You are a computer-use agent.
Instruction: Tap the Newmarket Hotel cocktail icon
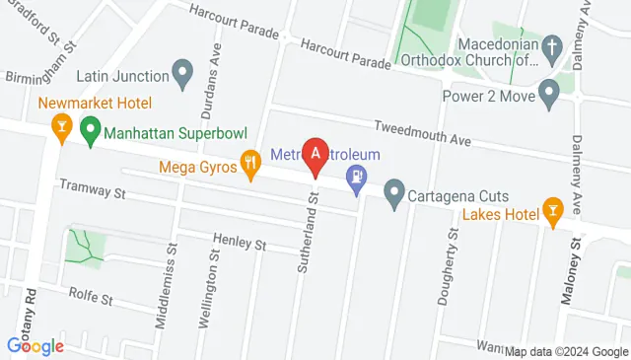tap(61, 128)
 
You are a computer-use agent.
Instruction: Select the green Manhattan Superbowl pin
tap(90, 128)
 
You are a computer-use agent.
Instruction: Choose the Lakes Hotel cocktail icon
tap(552, 210)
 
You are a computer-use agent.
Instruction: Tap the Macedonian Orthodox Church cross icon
tap(552, 46)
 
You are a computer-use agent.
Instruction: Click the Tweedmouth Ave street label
tap(422, 132)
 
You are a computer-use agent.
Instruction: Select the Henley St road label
tap(241, 242)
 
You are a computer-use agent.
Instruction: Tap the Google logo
tap(35, 345)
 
